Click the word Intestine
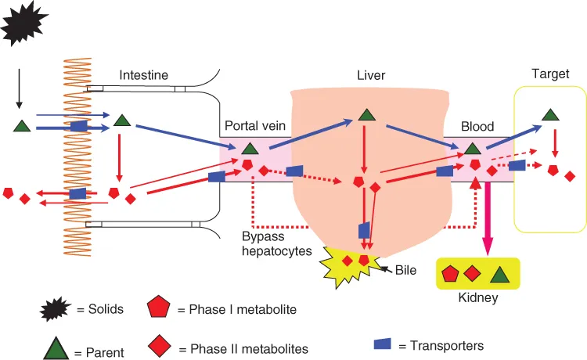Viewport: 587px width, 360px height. click(x=144, y=75)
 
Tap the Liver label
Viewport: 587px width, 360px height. click(x=371, y=75)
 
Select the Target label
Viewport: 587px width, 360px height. click(x=550, y=75)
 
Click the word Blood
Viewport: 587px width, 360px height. click(x=477, y=125)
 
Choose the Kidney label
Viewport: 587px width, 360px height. click(x=477, y=298)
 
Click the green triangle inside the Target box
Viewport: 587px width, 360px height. click(x=551, y=114)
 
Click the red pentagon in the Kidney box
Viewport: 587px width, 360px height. click(x=450, y=274)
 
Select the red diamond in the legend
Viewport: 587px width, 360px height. click(x=160, y=345)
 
